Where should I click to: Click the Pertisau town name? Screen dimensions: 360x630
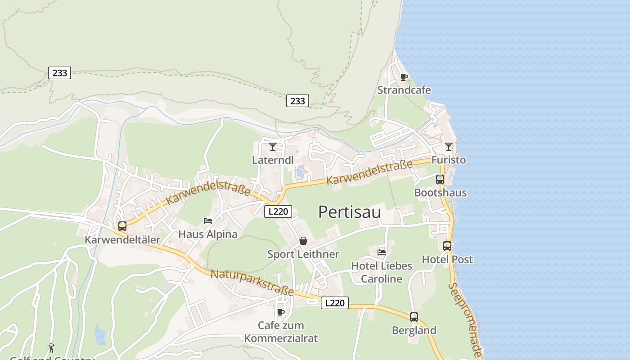coord(349,212)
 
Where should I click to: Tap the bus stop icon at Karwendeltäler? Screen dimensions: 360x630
coord(122,226)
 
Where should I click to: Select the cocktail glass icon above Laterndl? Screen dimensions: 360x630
coord(273,146)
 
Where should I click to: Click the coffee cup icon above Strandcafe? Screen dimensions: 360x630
coord(404,77)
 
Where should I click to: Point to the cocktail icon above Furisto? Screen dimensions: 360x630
coord(448,146)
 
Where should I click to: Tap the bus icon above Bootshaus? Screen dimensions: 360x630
coord(440,179)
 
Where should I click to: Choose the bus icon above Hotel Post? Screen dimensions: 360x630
coord(447,246)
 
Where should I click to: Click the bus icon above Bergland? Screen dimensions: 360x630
coord(414,317)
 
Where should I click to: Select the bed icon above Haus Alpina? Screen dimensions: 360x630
coord(208,220)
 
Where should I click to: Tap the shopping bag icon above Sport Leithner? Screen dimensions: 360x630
coord(303,241)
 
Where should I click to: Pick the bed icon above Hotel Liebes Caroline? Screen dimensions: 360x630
coord(382,252)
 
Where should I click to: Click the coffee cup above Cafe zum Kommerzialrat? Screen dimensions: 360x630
coord(281,312)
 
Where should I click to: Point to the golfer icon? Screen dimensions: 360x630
coord(51,348)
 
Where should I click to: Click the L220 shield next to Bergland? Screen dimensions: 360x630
coord(335,303)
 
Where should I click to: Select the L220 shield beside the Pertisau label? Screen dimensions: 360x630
coord(278,211)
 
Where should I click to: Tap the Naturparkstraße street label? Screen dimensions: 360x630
coord(252,283)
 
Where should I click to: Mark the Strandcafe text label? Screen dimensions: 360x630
coord(404,90)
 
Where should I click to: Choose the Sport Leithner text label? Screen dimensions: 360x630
coord(303,254)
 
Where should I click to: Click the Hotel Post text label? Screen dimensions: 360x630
coord(447,259)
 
